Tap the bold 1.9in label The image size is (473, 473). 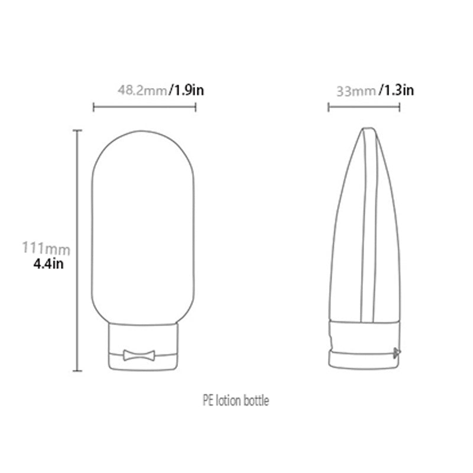(187, 90)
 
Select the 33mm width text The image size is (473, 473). (356, 91)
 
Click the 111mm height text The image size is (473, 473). (46, 247)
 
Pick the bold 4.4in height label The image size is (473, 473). (48, 263)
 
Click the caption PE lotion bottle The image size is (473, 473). (235, 401)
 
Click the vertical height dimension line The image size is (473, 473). (77, 248)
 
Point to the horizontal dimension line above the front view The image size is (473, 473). (145, 107)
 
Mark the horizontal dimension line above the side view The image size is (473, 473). (364, 107)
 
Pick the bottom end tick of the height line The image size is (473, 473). (77, 371)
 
